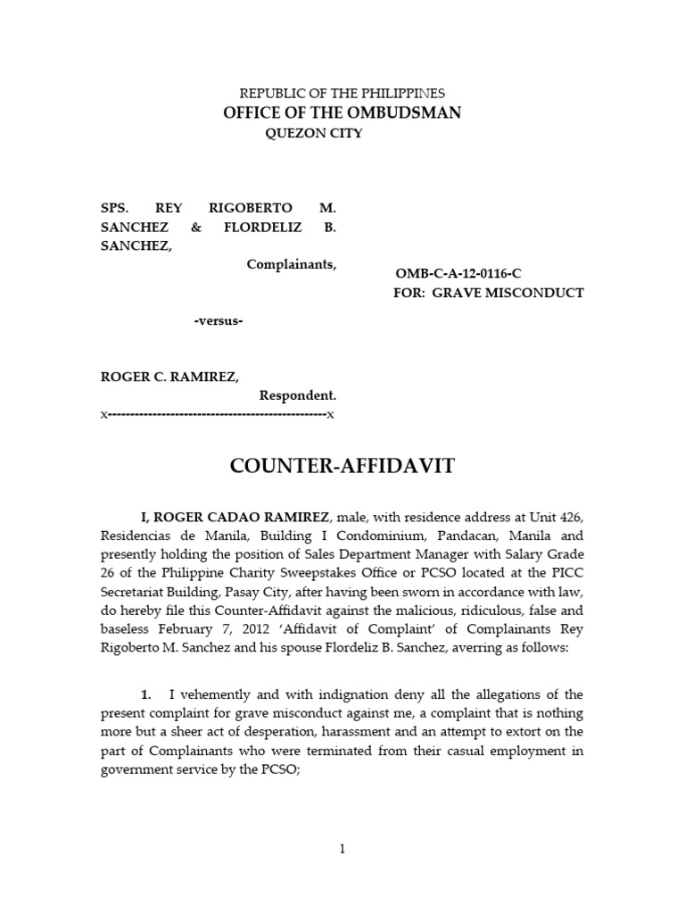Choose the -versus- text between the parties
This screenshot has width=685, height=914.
[219, 320]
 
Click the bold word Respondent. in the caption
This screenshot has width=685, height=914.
[298, 395]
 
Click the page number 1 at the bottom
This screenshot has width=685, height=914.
[342, 850]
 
